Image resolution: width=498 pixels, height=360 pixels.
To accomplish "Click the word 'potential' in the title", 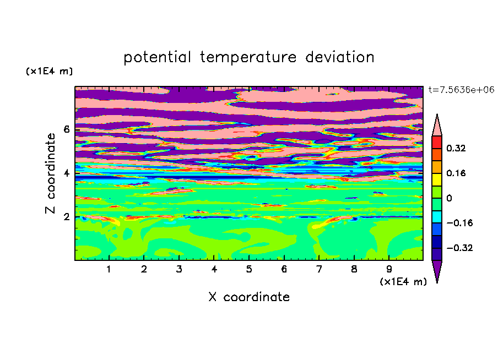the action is point(157,57).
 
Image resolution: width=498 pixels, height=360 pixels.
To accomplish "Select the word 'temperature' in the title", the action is point(248,57).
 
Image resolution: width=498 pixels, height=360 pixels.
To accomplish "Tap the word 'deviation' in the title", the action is point(340,57).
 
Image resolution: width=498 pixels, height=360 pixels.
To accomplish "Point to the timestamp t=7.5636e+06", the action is point(461,90).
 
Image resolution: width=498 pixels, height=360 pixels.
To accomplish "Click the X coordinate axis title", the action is point(249,297).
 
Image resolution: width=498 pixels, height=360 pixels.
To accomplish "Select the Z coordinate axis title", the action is point(50,173).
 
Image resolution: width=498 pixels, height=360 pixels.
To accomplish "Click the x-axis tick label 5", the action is point(249,269).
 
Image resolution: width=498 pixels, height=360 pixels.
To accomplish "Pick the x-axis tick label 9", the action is point(389,269).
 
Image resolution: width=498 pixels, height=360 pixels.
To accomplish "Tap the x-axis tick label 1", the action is point(109,269).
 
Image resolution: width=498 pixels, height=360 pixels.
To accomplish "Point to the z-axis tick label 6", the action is point(66,129).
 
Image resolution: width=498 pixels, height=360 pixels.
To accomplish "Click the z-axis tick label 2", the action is point(66,217).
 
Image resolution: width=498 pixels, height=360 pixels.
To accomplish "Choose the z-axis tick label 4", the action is point(66,173).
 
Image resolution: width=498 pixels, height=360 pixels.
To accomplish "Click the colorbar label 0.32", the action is point(456,148).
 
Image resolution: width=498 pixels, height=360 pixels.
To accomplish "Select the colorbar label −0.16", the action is point(459,223).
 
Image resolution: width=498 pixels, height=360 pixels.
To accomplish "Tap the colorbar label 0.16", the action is point(456,173).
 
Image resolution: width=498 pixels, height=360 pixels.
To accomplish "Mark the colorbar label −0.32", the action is point(459,248).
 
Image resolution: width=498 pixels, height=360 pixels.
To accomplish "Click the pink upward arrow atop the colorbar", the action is point(437,127).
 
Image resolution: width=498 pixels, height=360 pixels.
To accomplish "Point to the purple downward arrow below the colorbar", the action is point(437,270).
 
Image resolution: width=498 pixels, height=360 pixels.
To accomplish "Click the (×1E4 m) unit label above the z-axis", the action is point(49,71).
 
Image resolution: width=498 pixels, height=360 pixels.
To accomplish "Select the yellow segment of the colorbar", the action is point(437,179).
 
